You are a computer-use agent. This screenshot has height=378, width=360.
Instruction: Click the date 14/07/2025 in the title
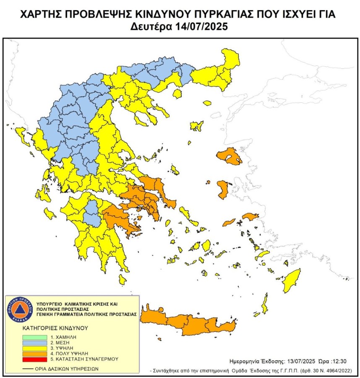203,27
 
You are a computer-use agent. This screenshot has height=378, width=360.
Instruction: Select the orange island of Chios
222,190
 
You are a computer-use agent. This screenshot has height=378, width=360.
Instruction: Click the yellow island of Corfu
20,135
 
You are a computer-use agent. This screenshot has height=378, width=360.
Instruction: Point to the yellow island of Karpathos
265,304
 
